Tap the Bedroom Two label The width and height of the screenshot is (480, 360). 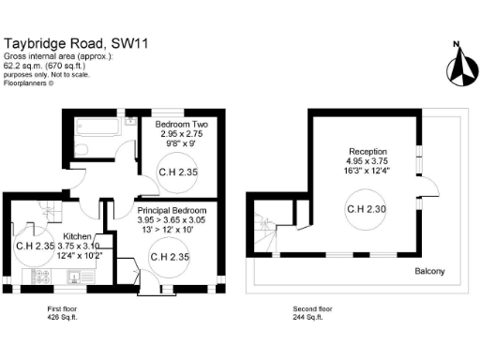point(181,125)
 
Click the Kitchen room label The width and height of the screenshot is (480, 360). point(76,236)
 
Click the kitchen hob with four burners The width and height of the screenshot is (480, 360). point(42,277)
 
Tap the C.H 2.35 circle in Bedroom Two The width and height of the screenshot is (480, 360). point(177,172)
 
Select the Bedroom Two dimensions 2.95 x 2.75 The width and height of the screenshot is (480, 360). point(181,134)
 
